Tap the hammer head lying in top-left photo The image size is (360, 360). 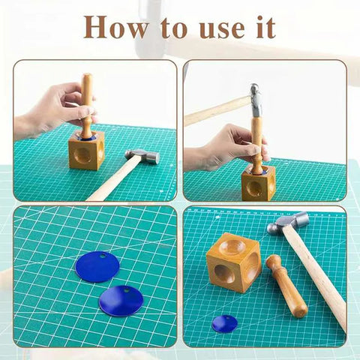click(142, 156)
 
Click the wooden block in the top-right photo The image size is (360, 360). click(258, 184)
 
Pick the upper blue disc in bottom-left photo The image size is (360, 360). click(97, 266)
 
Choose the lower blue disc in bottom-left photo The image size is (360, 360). click(121, 300)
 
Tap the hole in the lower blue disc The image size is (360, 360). click(127, 289)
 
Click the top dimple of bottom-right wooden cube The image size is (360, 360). click(235, 246)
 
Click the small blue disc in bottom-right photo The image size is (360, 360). click(224, 323)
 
